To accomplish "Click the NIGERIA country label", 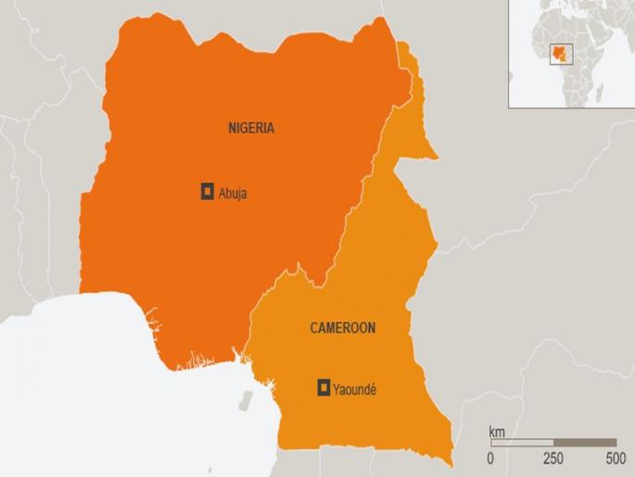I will [251, 129].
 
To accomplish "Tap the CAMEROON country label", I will [343, 328].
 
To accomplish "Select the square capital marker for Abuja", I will [208, 192].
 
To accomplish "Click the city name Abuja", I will [233, 193].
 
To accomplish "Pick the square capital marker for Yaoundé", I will [324, 388].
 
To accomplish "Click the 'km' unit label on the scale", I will [497, 432].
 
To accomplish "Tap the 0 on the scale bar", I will [490, 458].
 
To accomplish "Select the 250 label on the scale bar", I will [552, 458].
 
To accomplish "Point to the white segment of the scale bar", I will [522, 443].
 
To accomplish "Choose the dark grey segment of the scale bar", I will [585, 443].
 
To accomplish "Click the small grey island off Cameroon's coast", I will [247, 400].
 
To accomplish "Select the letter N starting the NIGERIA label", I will [233, 129].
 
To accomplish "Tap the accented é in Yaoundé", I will [373, 389].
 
